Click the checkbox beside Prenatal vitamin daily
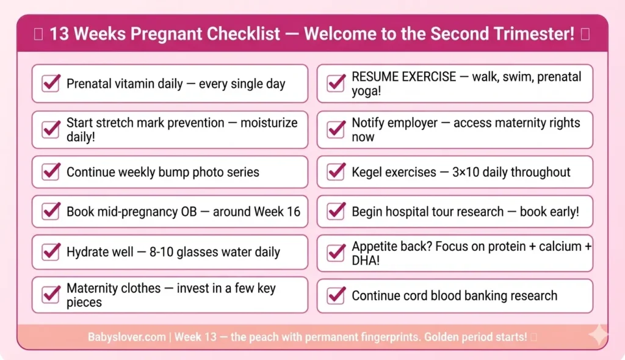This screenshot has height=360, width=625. pos(51,83)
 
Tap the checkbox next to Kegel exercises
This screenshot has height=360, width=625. pos(336,172)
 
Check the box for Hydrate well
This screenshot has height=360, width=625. pos(51,251)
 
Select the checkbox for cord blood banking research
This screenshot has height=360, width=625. pos(336,296)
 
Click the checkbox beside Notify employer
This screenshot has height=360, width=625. pos(336,129)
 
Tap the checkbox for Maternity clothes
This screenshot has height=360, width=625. pos(51,295)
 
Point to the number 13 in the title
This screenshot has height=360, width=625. pos(59,34)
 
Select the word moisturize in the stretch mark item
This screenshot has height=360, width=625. pos(269,123)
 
